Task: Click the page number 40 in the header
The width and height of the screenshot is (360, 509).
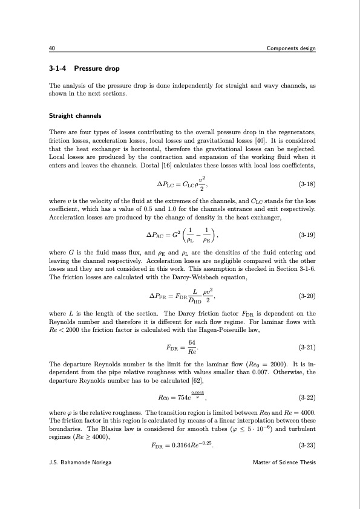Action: pos(52,48)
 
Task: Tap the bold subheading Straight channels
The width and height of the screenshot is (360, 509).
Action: pos(74,115)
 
